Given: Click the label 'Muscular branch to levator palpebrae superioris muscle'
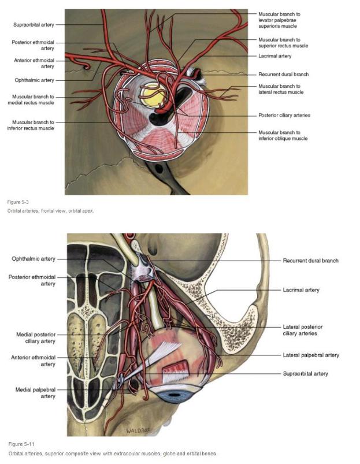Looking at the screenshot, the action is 279,20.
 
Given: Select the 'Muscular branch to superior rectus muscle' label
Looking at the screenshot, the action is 283,43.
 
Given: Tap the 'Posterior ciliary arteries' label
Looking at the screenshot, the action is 284,115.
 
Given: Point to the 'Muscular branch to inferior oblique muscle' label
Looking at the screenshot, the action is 283,135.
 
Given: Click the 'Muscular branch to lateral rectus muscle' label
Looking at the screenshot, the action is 281,89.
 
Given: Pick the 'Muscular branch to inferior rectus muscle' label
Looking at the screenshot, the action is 31,125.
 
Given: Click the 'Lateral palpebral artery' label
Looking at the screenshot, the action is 311,355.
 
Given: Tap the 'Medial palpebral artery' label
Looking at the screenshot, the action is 35,393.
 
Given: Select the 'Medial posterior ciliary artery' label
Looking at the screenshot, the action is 36,338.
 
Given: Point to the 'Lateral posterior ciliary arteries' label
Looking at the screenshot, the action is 303,331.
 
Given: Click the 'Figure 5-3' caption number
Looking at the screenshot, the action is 18,202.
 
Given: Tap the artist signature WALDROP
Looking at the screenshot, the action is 138,430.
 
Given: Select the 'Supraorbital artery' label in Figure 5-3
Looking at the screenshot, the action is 34,25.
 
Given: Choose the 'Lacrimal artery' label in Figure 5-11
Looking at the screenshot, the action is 301,290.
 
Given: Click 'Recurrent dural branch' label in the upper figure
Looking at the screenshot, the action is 283,75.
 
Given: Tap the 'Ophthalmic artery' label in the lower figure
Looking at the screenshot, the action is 34,259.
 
